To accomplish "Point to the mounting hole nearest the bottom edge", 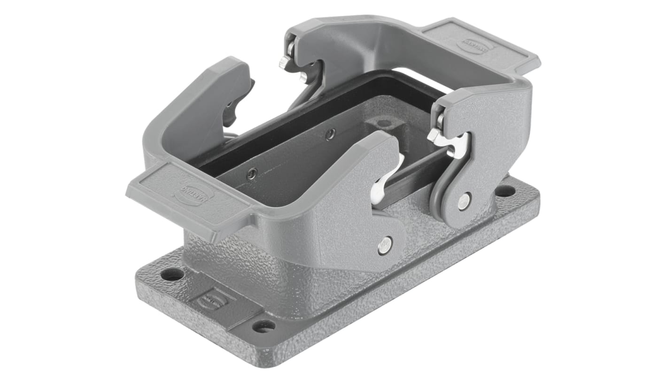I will tap(264, 326).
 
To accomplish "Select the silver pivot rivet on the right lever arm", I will tap(464, 201).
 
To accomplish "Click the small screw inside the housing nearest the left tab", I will tap(252, 174).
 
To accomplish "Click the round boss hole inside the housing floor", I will tap(384, 124).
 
